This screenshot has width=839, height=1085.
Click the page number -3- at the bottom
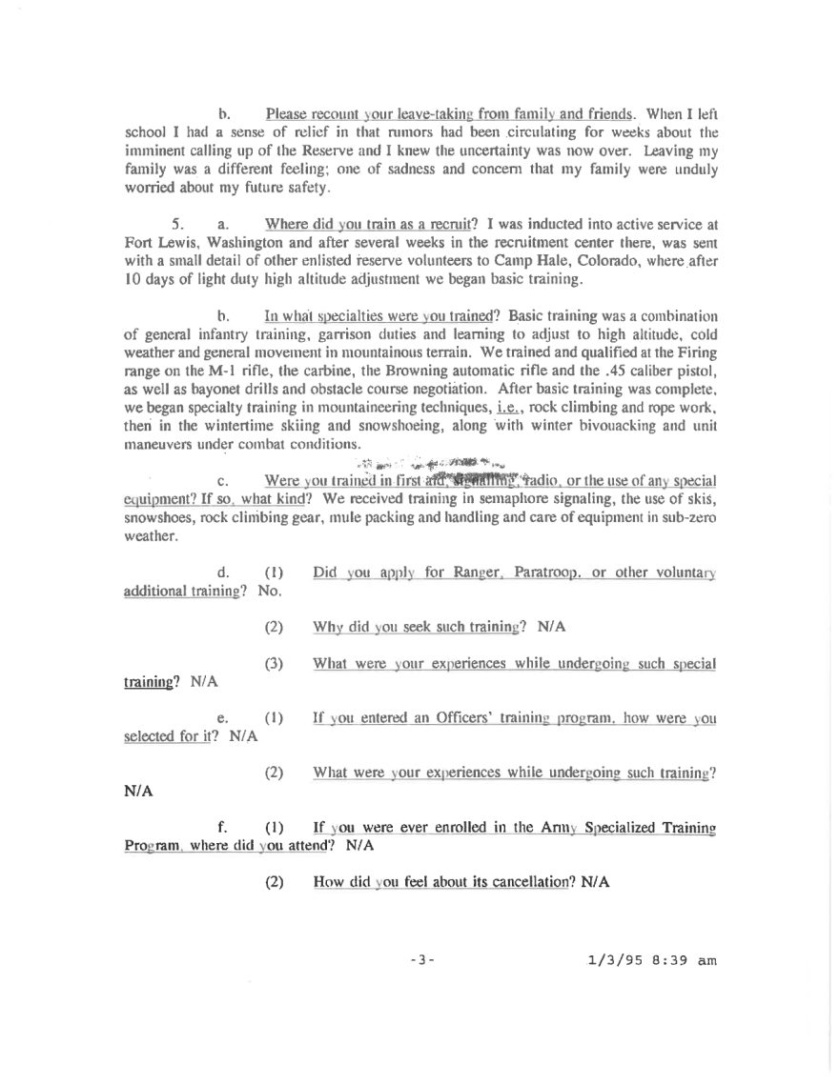click(x=420, y=961)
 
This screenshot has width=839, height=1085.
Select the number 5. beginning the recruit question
click(x=176, y=225)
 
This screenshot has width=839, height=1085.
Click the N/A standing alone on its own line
click(x=139, y=792)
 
